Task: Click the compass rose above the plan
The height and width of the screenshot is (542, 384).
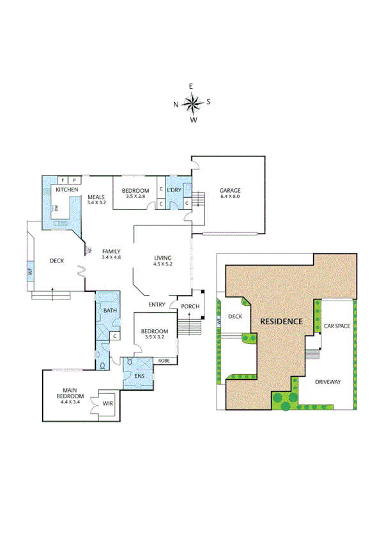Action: [192, 102]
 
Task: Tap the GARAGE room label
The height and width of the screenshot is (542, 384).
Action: [230, 190]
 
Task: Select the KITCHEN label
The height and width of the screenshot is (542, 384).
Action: [66, 190]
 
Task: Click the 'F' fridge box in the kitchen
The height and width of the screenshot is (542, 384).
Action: [63, 181]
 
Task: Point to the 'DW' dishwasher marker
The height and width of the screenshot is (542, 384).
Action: [57, 209]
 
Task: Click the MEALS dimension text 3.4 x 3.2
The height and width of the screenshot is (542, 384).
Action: [96, 202]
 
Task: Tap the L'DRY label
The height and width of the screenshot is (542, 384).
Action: [174, 190]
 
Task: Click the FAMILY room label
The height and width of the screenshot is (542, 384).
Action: [111, 251]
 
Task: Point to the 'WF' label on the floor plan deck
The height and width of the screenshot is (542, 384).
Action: [30, 272]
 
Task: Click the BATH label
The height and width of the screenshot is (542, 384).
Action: [110, 311]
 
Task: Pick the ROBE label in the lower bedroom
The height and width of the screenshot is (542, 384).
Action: [163, 360]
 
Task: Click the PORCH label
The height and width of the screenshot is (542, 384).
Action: [190, 306]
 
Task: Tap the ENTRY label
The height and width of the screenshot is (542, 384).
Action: [157, 305]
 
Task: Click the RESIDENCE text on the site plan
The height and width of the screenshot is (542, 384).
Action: [280, 321]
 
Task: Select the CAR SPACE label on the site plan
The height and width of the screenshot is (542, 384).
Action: [337, 326]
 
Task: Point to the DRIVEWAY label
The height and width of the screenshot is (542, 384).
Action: [328, 382]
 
